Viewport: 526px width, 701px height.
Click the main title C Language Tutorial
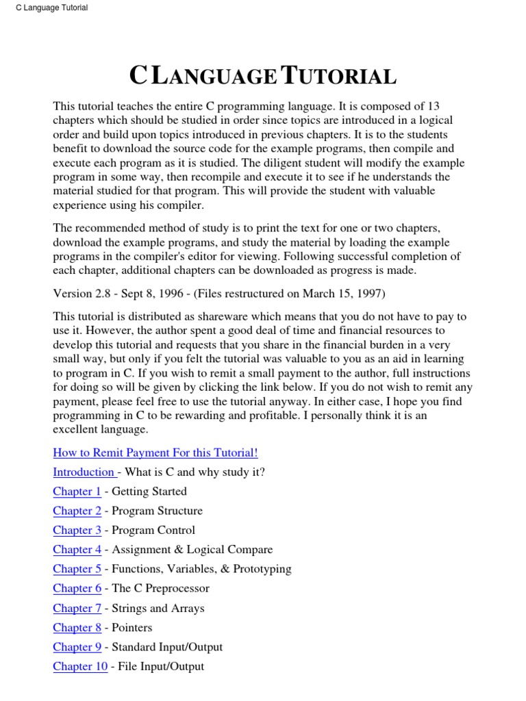pos(263,76)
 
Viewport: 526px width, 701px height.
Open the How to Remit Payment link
pos(155,453)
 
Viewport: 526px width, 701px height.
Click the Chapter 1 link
pos(77,491)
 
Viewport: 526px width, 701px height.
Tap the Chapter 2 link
pos(77,511)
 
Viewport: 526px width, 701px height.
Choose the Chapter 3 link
pos(77,530)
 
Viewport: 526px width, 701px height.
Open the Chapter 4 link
pos(77,549)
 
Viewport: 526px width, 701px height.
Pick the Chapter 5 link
pos(77,569)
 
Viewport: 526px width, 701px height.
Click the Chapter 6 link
pos(77,588)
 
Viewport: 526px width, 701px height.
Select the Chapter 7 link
pos(77,608)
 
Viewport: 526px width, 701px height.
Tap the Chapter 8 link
pos(77,627)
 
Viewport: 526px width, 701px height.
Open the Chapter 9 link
pos(77,647)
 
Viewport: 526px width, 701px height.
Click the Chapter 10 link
pos(80,666)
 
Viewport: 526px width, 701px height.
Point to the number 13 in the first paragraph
pos(433,105)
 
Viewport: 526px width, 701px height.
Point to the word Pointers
pos(131,627)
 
